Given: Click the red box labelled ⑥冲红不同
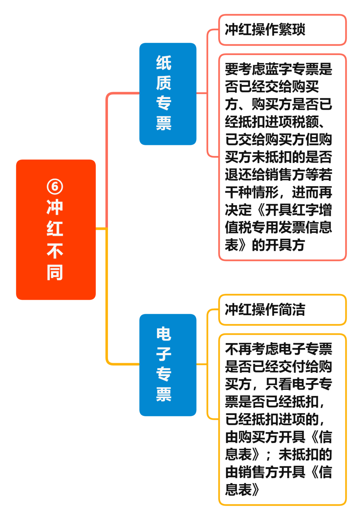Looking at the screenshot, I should click(x=56, y=230).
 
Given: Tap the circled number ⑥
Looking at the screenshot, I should click(x=55, y=186).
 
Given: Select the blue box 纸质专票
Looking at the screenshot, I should click(x=168, y=94).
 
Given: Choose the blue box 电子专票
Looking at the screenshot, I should click(x=168, y=365).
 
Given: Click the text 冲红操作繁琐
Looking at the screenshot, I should click(x=265, y=30).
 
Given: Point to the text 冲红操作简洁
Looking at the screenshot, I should click(x=265, y=310).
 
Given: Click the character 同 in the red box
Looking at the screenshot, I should click(x=55, y=272).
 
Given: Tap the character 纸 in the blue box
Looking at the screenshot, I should click(x=164, y=63).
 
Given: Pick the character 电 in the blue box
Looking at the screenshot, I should click(x=164, y=334).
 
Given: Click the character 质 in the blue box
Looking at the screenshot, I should click(x=164, y=83).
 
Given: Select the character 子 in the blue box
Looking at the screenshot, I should click(x=164, y=354).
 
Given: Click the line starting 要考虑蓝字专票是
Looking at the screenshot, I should click(x=278, y=69).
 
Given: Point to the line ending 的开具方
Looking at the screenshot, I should click(x=265, y=246).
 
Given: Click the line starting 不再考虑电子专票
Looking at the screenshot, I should click(x=278, y=349).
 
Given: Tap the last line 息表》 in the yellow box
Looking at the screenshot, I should click(x=242, y=489).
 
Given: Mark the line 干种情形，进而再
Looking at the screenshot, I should click(x=278, y=193).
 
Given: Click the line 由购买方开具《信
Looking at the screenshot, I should click(x=278, y=437).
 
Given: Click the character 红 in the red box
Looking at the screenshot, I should click(x=55, y=229).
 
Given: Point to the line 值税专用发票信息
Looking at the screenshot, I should click(x=278, y=228).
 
